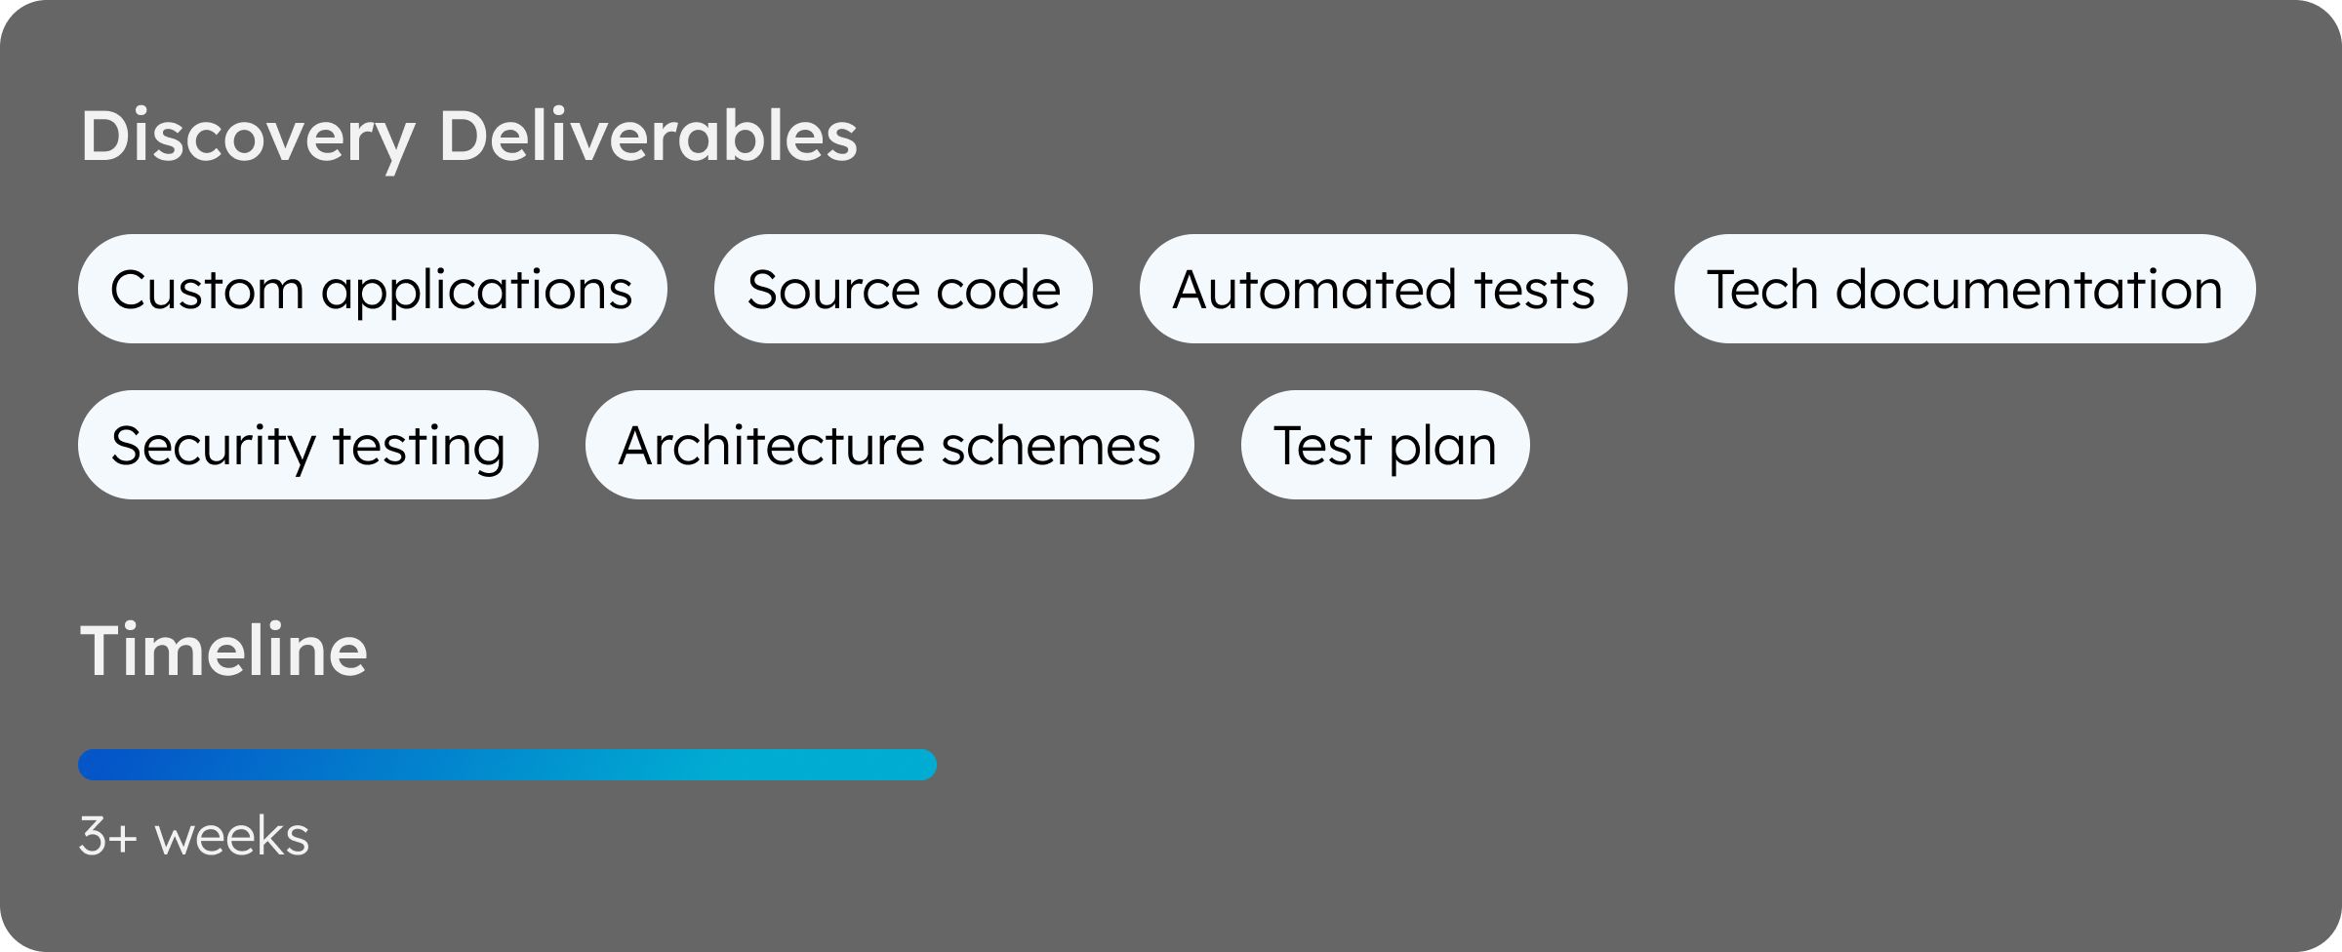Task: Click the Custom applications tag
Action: [x=372, y=289]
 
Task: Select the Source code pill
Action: [x=904, y=289]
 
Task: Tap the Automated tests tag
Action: [x=1384, y=289]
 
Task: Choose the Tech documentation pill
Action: [x=1965, y=289]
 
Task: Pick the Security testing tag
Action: [x=308, y=445]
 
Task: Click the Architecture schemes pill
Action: [x=890, y=445]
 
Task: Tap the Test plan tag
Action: [x=1386, y=445]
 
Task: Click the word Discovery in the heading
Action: [x=249, y=138]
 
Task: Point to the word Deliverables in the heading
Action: [x=648, y=135]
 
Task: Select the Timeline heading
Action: [x=224, y=650]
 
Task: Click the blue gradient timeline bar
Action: [x=507, y=765]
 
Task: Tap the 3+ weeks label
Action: [x=194, y=837]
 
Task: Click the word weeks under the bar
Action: [x=232, y=837]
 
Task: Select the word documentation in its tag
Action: [x=2029, y=290]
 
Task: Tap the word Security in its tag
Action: [x=213, y=448]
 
